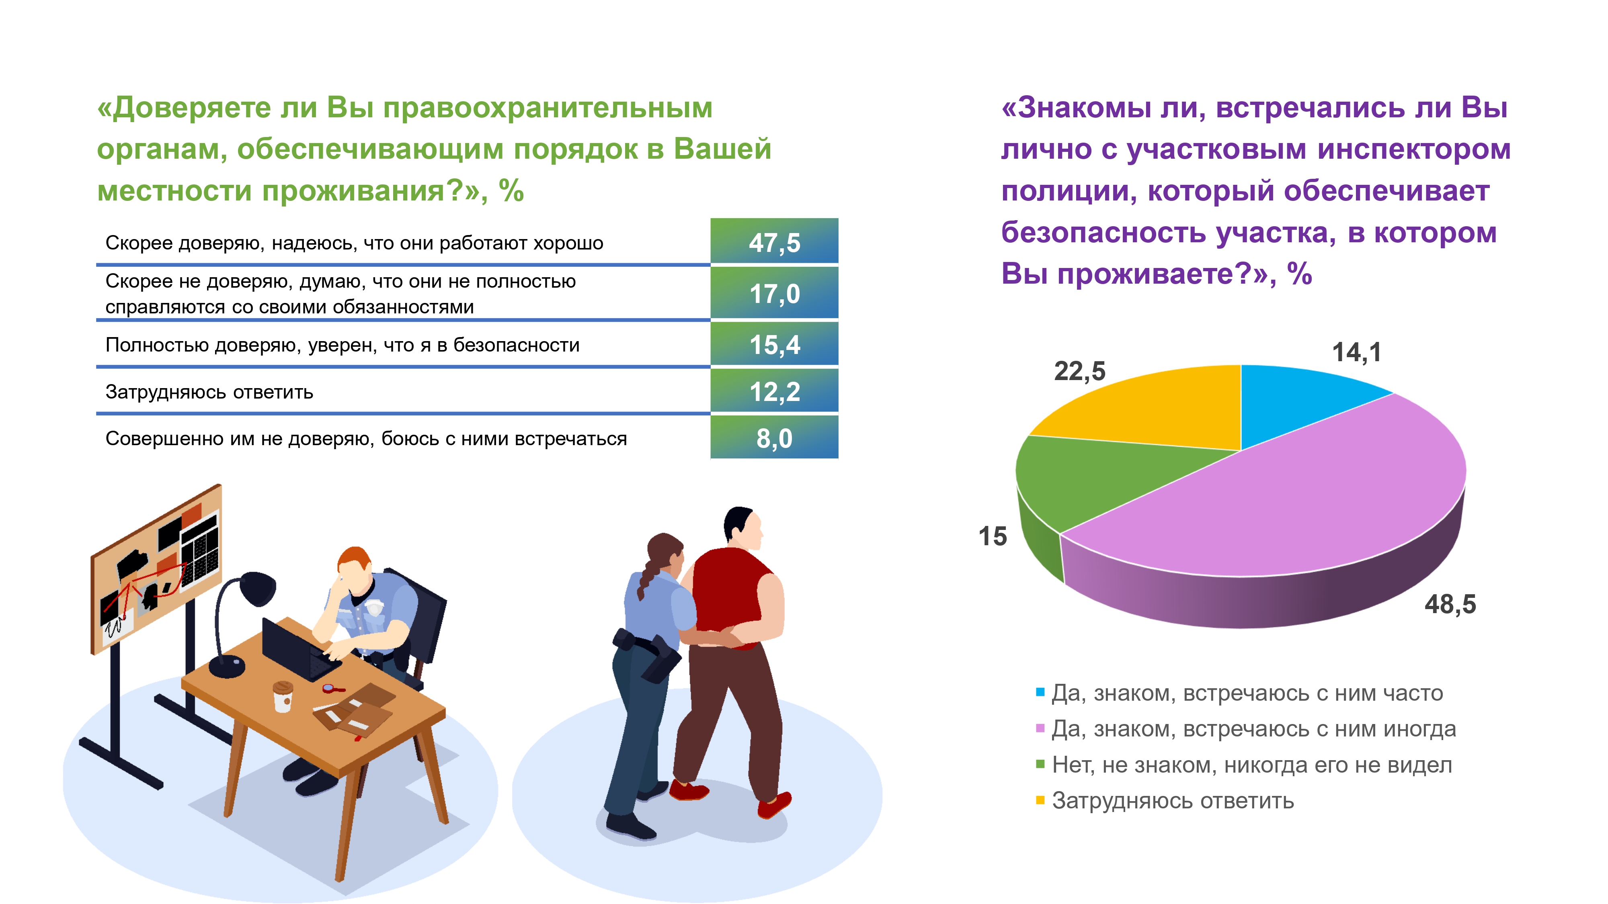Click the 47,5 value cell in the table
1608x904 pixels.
tap(774, 241)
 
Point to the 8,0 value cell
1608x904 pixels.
tap(774, 438)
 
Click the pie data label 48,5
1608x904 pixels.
tap(1450, 604)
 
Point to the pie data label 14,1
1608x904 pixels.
tap(1356, 352)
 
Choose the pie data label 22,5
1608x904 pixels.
tap(1079, 371)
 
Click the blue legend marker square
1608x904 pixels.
tap(1040, 692)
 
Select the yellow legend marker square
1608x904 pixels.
tap(1040, 800)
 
